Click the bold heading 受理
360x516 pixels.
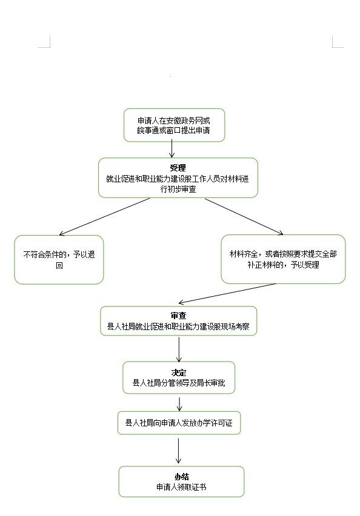(178, 168)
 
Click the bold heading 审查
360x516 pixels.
(179, 316)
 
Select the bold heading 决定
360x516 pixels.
(179, 372)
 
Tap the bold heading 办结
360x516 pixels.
(181, 477)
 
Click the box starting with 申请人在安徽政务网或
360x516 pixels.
(174, 125)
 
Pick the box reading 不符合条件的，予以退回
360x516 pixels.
(59, 260)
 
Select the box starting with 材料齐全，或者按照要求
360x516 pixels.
(283, 259)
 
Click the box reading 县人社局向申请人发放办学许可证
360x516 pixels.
(179, 423)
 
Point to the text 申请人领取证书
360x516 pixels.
(181, 487)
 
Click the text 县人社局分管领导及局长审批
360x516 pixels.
(179, 383)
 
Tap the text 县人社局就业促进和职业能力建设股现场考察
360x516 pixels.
(178, 326)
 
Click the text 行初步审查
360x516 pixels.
(178, 189)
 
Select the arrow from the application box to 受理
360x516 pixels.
(172, 148)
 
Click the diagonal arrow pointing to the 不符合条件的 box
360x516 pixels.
(104, 217)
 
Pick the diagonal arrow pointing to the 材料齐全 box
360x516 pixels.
(244, 217)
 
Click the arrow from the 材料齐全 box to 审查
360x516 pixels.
(227, 294)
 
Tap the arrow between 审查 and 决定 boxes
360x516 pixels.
(179, 349)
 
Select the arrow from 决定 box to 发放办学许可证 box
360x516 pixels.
(179, 404)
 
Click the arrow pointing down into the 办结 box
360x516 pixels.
(179, 451)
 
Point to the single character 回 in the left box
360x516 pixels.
(59, 265)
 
